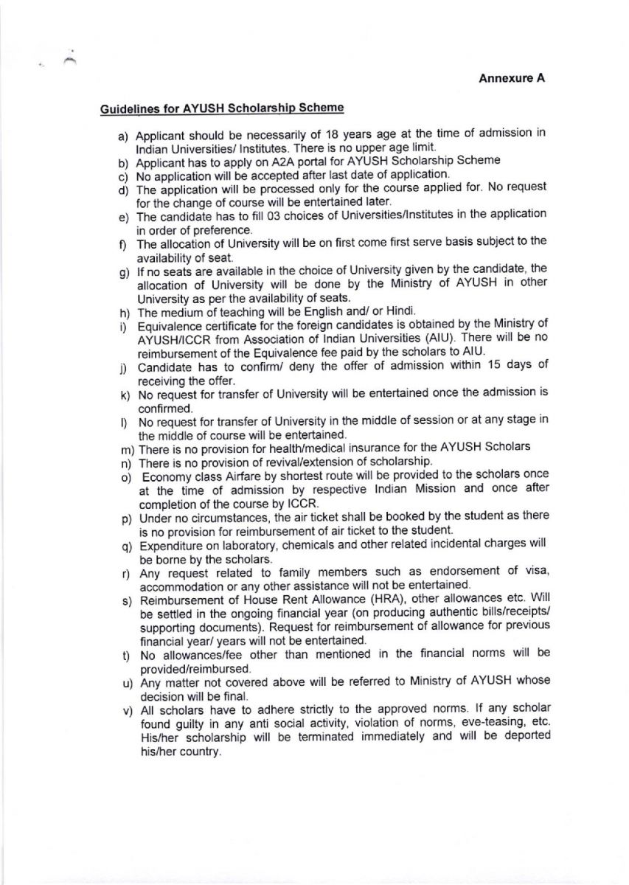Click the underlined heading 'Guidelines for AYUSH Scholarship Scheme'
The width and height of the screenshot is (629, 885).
(222, 109)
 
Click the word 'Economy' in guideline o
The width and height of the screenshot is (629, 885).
(164, 475)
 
